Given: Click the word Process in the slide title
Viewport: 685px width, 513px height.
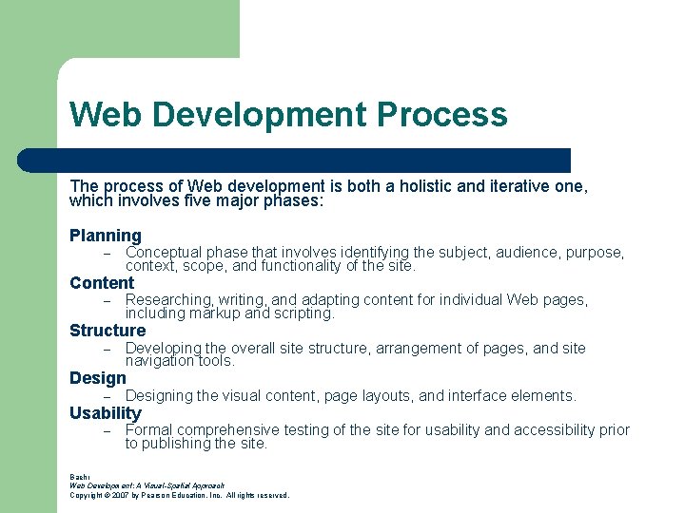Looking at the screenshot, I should pyautogui.click(x=442, y=115).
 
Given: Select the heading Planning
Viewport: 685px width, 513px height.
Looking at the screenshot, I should pyautogui.click(x=106, y=236).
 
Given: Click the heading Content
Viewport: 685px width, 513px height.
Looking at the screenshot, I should pyautogui.click(x=102, y=283).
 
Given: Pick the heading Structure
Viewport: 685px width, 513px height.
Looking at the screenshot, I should pyautogui.click(x=108, y=331).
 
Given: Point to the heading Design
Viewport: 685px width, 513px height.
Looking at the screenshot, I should pyautogui.click(x=98, y=378).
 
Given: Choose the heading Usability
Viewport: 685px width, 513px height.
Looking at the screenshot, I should pyautogui.click(x=106, y=413).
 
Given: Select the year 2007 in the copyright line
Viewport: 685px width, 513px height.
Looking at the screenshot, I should pyautogui.click(x=119, y=495).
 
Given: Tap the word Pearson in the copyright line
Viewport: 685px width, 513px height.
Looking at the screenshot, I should pyautogui.click(x=156, y=495).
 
